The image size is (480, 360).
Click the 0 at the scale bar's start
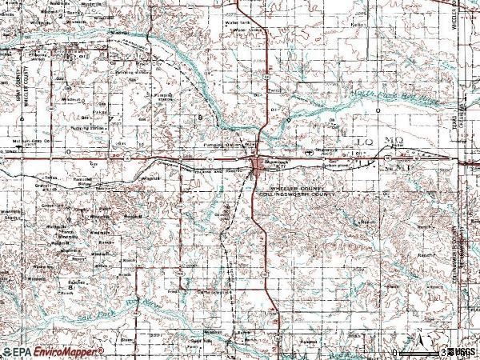coord(395,352)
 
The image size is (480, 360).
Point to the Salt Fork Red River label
coord(120,308)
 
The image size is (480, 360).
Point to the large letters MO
coord(393,141)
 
